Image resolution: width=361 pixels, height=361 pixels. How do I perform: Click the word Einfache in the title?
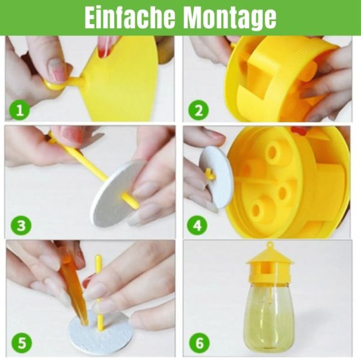click(130, 17)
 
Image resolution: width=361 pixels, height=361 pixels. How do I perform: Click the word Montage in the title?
click(230, 19)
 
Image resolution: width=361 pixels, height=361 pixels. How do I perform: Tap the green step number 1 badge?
click(20, 110)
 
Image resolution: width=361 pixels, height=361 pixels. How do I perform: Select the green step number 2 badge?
click(199, 110)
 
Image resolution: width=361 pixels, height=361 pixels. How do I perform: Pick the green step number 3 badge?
click(21, 225)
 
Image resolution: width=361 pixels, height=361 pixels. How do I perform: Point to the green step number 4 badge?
click(197, 225)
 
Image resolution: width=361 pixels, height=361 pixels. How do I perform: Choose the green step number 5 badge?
click(22, 342)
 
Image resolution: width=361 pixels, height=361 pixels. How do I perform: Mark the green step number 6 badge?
click(199, 342)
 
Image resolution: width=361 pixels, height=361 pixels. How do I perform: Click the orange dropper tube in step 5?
click(73, 288)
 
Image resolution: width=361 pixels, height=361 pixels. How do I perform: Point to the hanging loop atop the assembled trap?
click(270, 245)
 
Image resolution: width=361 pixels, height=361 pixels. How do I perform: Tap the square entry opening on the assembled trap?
click(267, 268)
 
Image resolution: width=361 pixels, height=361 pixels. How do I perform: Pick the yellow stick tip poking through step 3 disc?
click(131, 201)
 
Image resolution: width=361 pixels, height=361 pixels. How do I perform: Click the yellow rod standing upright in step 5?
click(99, 293)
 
